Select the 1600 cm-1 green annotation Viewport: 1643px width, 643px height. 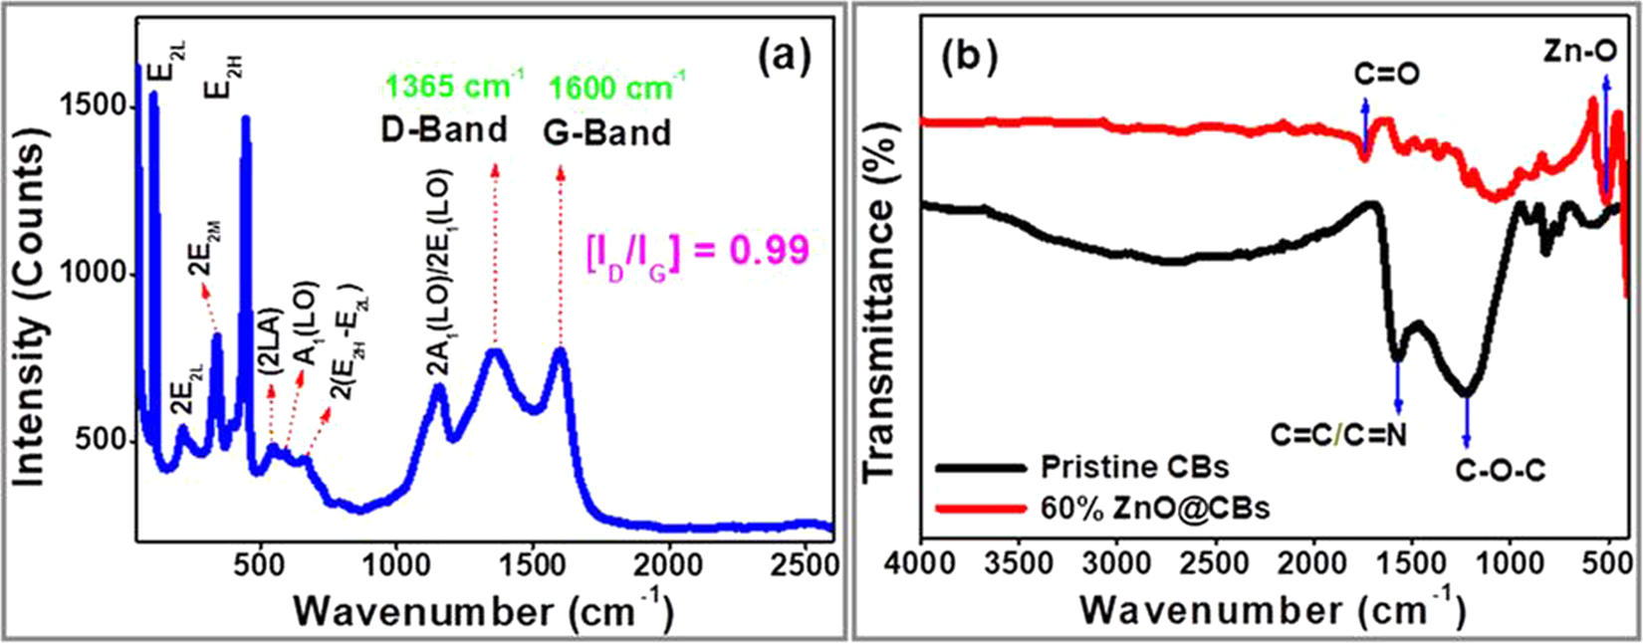(614, 88)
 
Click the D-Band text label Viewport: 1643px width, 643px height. (445, 130)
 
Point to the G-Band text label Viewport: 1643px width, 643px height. (607, 132)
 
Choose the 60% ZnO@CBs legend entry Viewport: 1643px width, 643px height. (1155, 508)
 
